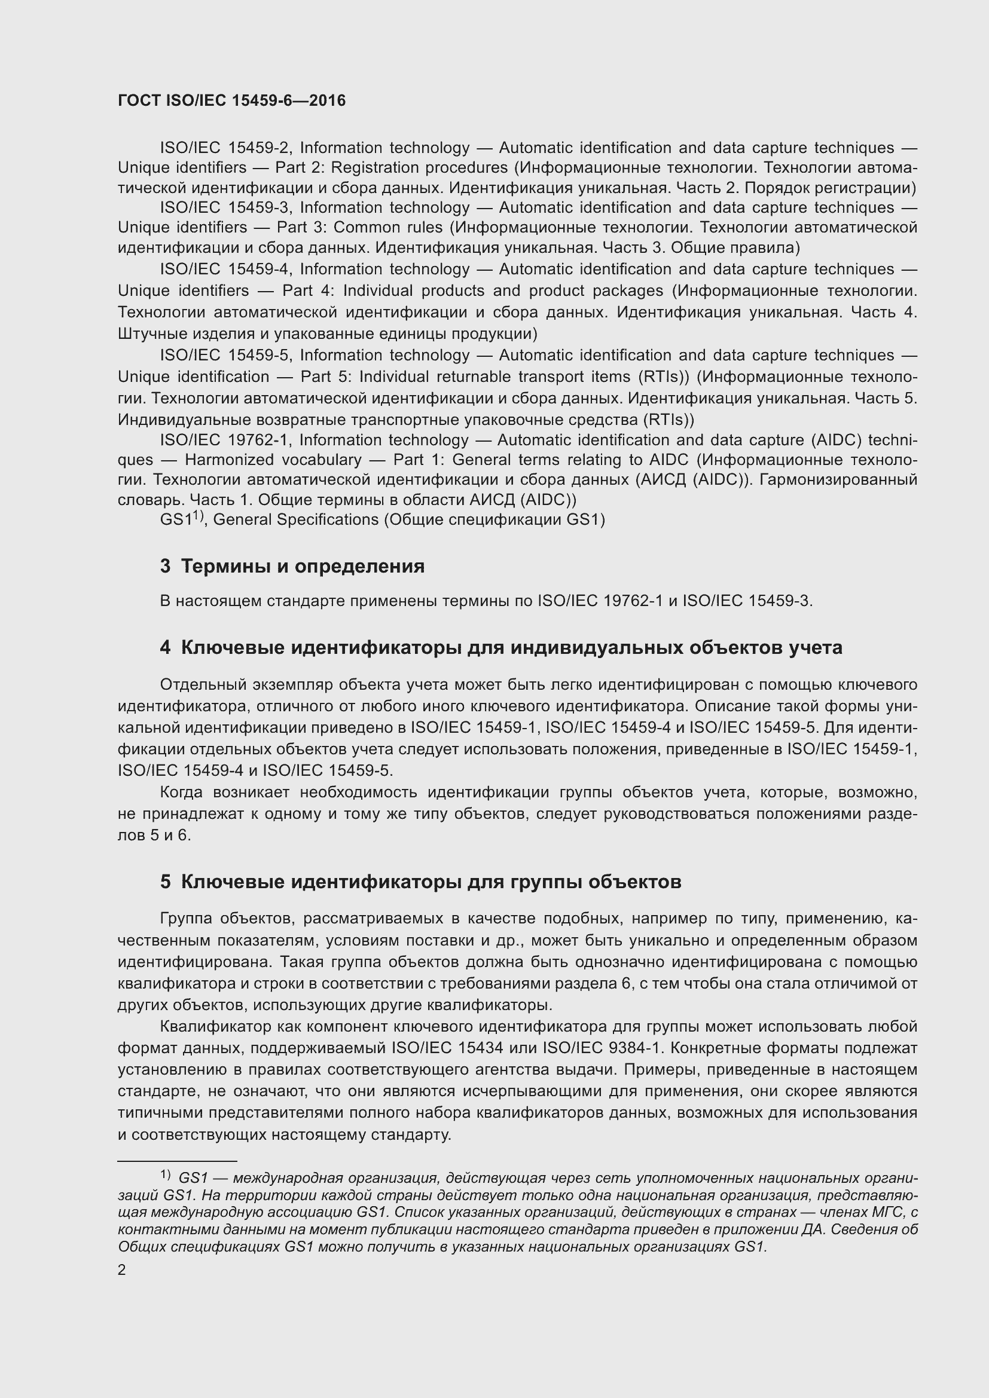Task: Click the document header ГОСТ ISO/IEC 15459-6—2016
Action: coord(231,100)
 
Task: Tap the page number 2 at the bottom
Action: coord(122,1269)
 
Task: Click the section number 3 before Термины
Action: coord(165,566)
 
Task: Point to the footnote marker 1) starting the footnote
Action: coord(166,1173)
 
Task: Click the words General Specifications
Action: coord(295,520)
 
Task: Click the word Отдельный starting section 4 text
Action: coord(202,685)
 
